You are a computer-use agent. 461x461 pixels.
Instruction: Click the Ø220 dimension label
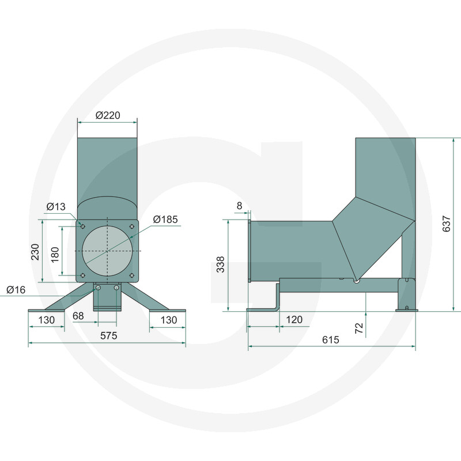point(108,115)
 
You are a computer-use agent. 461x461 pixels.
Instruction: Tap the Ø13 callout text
point(56,207)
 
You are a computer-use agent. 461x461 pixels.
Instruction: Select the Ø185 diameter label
point(165,220)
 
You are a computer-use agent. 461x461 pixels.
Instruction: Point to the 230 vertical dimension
point(35,252)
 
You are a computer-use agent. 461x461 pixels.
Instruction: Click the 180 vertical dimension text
point(55,255)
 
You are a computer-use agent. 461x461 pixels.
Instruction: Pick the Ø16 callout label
point(16,290)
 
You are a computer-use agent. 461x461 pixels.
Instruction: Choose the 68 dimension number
point(78,316)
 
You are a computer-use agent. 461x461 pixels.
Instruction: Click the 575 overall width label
point(109,335)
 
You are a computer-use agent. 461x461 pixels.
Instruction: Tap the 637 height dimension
point(446,224)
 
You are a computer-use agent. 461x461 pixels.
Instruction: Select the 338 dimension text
point(221,264)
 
